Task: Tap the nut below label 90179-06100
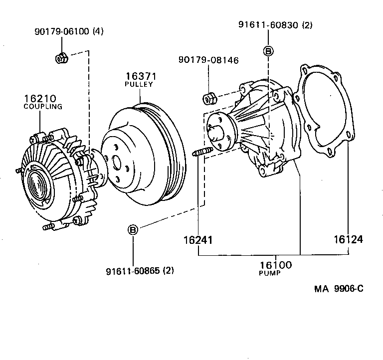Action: (x=61, y=58)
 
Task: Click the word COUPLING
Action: (x=43, y=106)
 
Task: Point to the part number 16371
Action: (x=139, y=76)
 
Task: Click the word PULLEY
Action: (x=139, y=84)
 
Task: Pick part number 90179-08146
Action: (x=208, y=60)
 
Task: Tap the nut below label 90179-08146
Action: (x=209, y=98)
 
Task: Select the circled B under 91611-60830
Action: (x=268, y=51)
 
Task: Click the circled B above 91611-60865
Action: (x=133, y=230)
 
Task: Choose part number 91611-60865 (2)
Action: (x=140, y=271)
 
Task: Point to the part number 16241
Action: (x=198, y=240)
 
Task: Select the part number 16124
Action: (x=348, y=240)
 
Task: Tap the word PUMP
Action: (x=270, y=274)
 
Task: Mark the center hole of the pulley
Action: (x=116, y=162)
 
